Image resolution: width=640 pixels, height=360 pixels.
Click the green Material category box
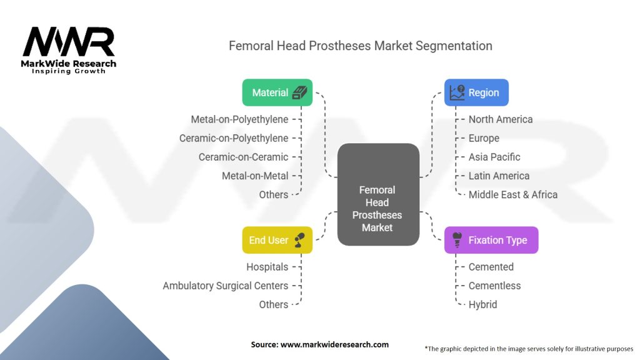[277, 92]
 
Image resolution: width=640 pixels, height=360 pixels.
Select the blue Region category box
[476, 92]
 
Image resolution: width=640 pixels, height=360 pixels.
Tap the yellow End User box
[277, 240]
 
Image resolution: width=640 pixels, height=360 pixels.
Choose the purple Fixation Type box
[491, 240]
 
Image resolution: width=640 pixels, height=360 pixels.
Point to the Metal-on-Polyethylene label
[240, 119]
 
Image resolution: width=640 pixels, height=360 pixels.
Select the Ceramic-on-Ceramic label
[243, 157]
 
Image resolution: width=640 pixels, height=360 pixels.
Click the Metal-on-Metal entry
[255, 176]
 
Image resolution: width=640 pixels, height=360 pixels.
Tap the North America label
[501, 119]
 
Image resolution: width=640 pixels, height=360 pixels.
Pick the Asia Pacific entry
[494, 157]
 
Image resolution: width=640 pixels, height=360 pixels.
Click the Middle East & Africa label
[513, 194]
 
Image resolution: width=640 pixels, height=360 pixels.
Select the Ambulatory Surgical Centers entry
[226, 286]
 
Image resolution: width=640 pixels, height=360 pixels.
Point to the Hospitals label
[267, 267]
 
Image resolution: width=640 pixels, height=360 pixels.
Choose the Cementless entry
[494, 286]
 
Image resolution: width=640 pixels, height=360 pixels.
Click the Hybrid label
[483, 304]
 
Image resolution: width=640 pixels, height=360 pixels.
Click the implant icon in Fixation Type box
[457, 239]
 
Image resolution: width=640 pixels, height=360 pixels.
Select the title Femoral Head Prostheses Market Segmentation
[361, 46]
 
